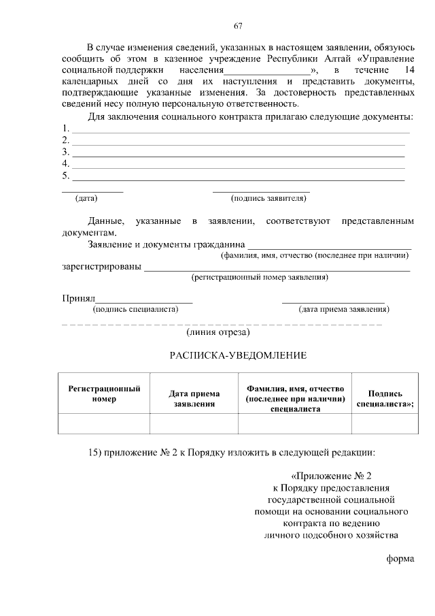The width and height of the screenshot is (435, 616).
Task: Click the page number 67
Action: pyautogui.click(x=238, y=27)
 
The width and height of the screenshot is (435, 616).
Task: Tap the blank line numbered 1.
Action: pyautogui.click(x=241, y=131)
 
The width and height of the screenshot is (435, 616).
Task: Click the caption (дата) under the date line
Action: pyautogui.click(x=86, y=199)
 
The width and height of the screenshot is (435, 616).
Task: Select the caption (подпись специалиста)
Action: pyautogui.click(x=135, y=310)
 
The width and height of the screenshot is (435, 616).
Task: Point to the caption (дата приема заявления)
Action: pyautogui.click(x=344, y=310)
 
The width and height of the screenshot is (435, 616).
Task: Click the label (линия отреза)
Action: pyautogui.click(x=218, y=333)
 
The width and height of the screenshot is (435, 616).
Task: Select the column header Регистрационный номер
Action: pyautogui.click(x=104, y=393)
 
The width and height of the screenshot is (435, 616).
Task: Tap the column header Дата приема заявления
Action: pyautogui.click(x=194, y=398)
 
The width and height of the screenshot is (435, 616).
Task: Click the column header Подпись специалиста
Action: pyautogui.click(x=385, y=398)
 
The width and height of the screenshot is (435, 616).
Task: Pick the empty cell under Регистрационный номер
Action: pyautogui.click(x=104, y=423)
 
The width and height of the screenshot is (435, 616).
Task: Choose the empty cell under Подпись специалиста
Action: pyautogui.click(x=385, y=423)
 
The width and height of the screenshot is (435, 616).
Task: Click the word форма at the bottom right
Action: pyautogui.click(x=400, y=560)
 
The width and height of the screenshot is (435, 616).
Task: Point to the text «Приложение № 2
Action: pyautogui.click(x=332, y=476)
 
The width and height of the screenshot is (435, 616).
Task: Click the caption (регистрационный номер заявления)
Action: pyautogui.click(x=261, y=277)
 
